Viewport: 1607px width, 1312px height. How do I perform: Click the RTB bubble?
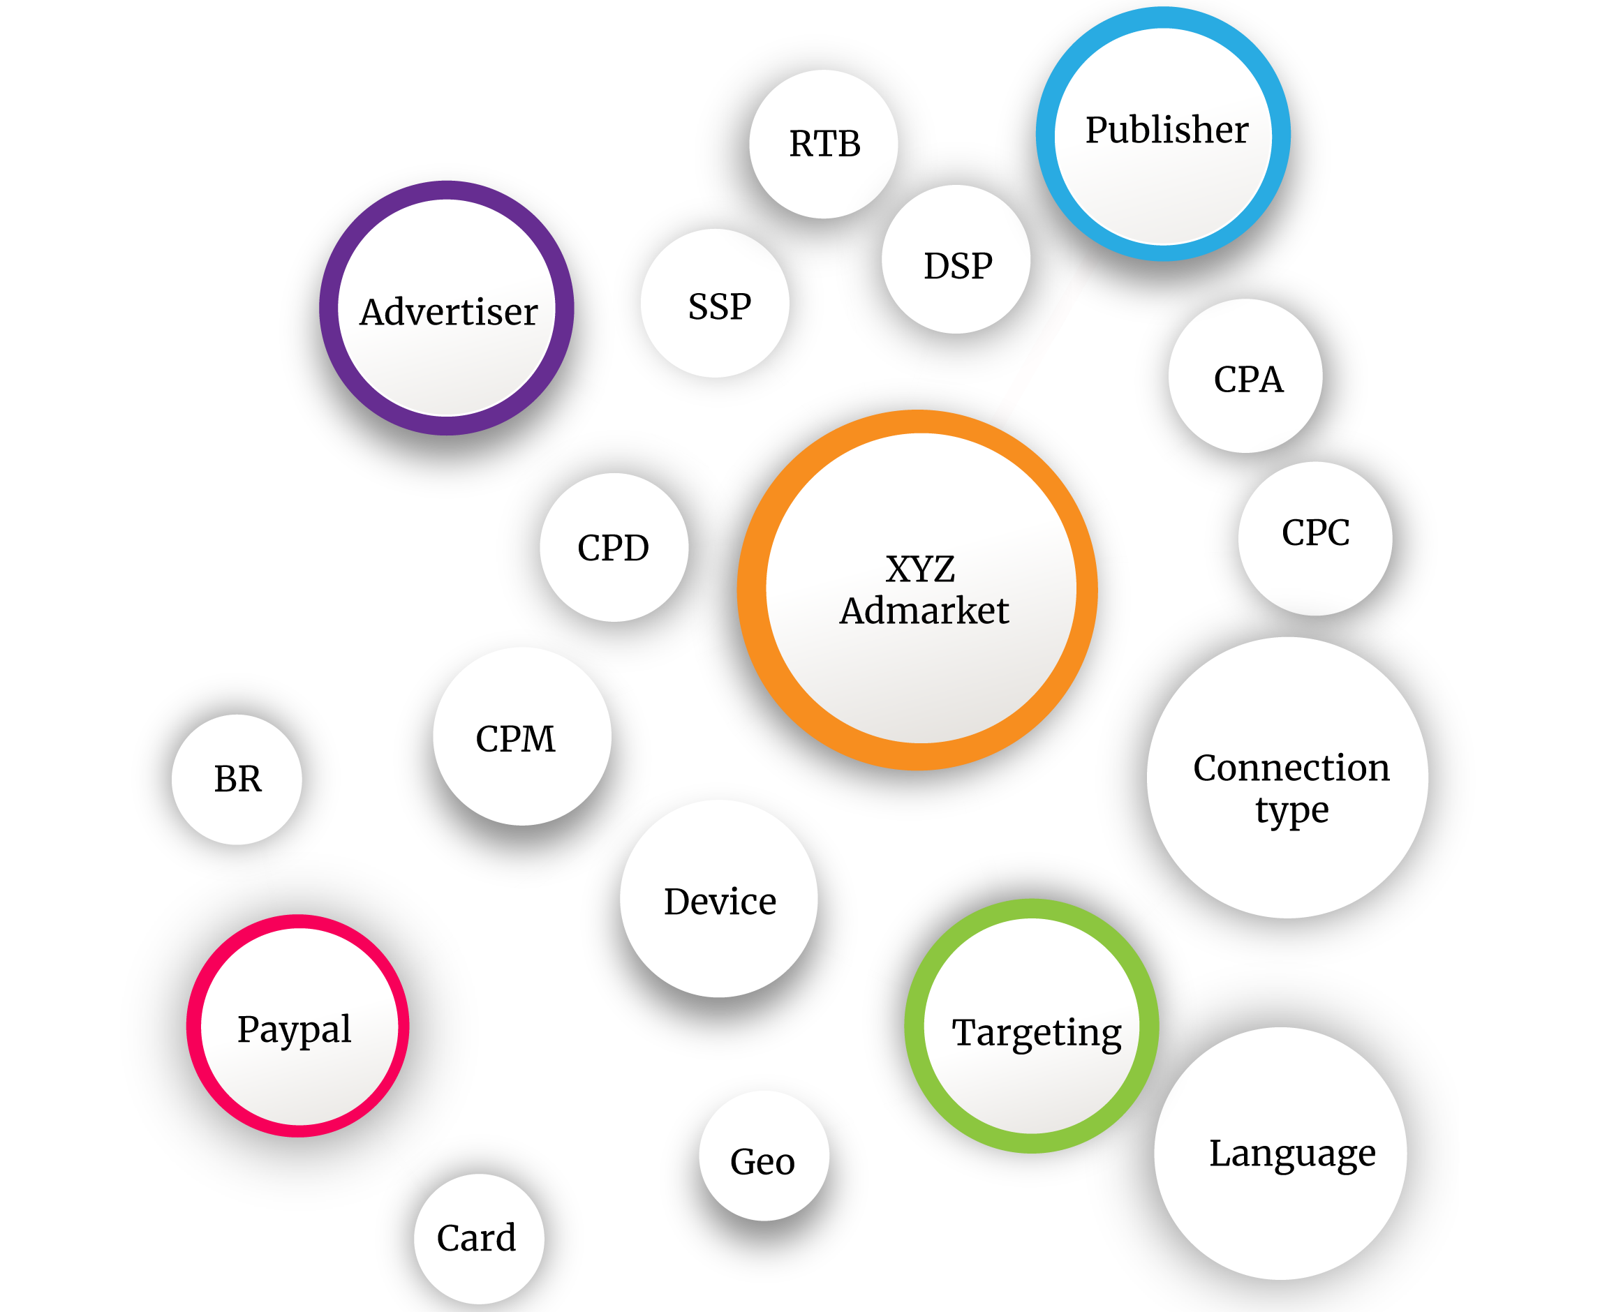click(823, 144)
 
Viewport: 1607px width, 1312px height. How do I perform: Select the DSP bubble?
click(956, 259)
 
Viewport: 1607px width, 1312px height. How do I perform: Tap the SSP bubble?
click(715, 303)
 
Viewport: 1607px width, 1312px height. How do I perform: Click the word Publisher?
click(1167, 129)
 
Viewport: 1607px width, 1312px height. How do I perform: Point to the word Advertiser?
click(448, 311)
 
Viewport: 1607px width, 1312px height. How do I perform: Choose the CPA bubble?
click(1245, 376)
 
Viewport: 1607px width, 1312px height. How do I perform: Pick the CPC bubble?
click(1315, 539)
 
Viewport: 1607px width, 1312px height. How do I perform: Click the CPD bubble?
click(614, 548)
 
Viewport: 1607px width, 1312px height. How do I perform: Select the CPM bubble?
click(522, 736)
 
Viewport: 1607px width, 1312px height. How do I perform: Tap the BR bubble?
click(237, 780)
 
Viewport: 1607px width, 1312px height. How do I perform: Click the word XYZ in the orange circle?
click(920, 569)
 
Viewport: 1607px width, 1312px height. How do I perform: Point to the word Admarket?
click(924, 611)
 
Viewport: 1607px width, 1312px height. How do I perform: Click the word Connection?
click(1291, 768)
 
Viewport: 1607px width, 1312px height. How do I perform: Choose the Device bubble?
click(719, 899)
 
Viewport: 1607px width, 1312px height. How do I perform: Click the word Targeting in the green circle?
click(1037, 1033)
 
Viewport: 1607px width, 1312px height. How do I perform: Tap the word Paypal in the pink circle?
click(294, 1029)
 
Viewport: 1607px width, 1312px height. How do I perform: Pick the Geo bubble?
click(764, 1156)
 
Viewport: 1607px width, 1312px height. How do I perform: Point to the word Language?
click(1293, 1154)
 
